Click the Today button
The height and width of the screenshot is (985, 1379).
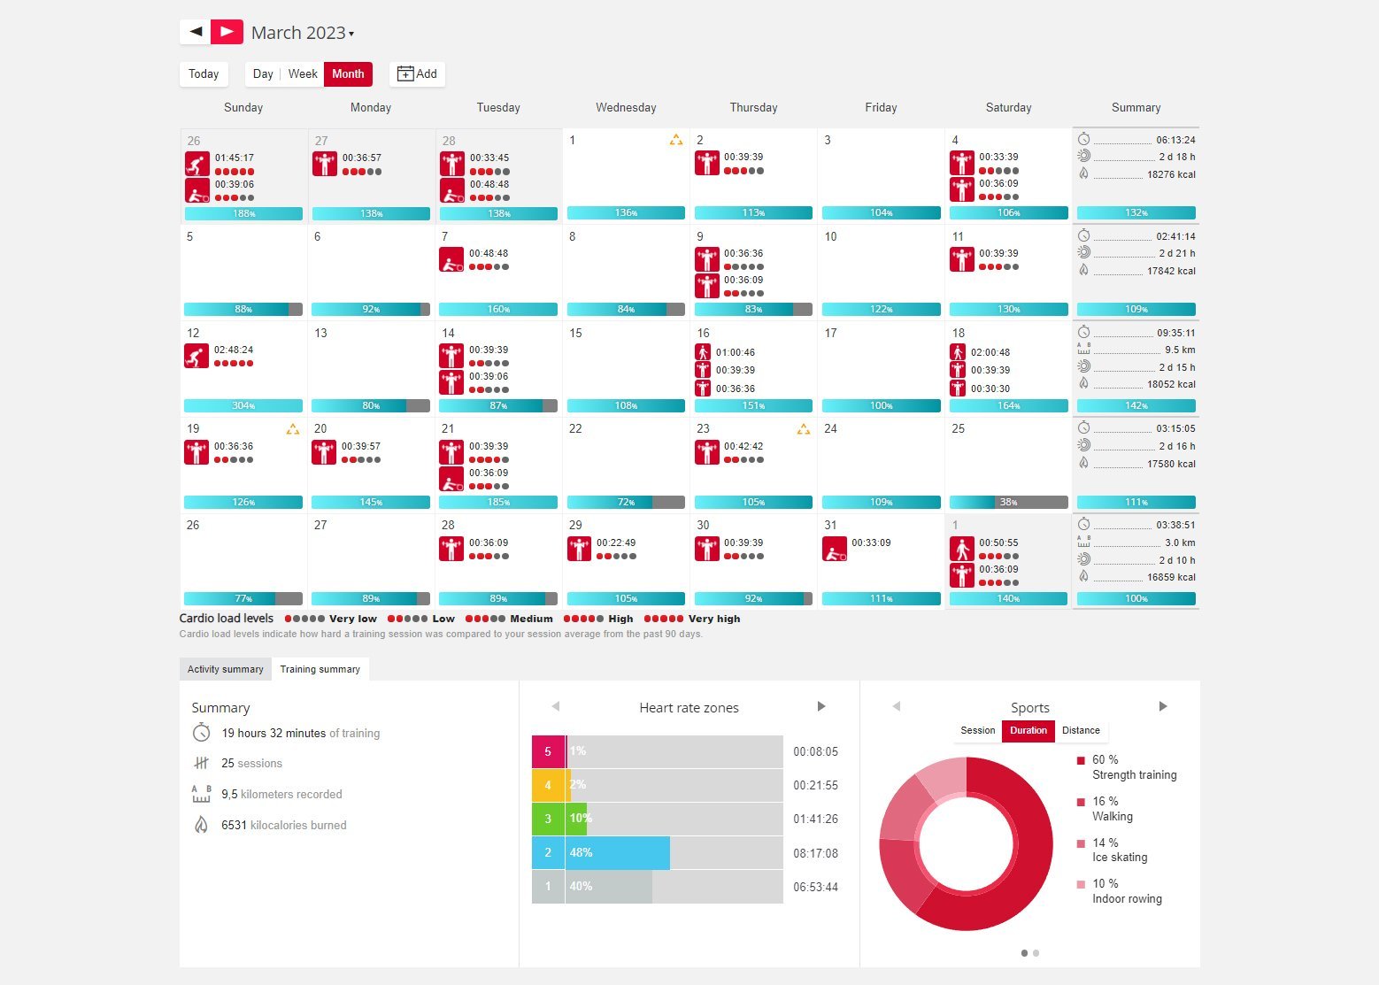point(204,74)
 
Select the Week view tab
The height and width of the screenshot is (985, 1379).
point(303,74)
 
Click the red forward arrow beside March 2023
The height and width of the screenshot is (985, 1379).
point(227,32)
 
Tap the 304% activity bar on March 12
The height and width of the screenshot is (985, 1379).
point(243,406)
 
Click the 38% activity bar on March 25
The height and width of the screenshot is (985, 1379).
point(1008,503)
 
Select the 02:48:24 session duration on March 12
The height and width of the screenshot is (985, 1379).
point(234,350)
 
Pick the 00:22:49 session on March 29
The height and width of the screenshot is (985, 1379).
point(616,543)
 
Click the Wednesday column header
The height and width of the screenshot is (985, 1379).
point(626,108)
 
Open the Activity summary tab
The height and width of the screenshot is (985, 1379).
point(226,669)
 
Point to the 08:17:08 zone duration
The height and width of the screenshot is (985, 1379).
point(815,854)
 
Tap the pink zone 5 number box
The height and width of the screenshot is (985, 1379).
point(548,751)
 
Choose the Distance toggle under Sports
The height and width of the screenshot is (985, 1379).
point(1081,731)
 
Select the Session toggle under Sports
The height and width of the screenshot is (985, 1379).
point(978,731)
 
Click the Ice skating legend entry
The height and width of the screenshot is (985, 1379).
point(1119,850)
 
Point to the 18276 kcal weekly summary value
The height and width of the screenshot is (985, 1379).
point(1171,175)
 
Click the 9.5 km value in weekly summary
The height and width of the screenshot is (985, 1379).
point(1180,350)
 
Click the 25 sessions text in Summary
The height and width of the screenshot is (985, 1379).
point(252,764)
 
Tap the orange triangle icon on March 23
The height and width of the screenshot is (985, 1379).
point(803,430)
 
